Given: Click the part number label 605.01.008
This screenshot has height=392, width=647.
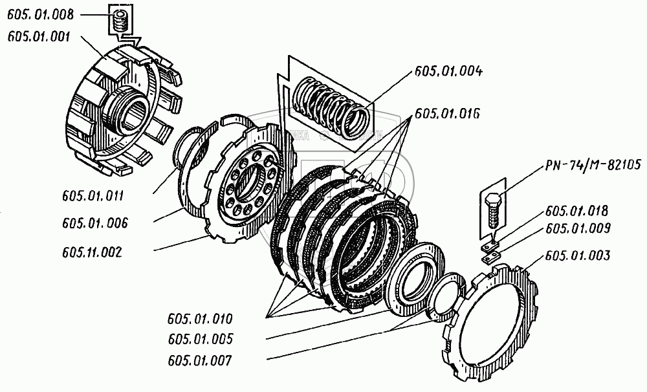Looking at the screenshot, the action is coord(40,15).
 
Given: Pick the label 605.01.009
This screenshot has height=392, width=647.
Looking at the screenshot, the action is coord(577,228).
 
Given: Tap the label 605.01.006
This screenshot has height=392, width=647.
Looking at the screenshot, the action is coord(95,223).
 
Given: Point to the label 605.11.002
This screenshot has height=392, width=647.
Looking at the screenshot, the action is coord(94,251).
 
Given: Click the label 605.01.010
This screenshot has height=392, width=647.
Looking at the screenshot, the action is coord(199,319).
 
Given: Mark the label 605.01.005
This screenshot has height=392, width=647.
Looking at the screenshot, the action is coord(199,339).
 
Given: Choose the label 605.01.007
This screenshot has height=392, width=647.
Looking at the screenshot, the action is coord(199,359).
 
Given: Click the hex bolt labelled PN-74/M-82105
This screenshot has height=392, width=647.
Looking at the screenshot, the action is coord(493,208).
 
